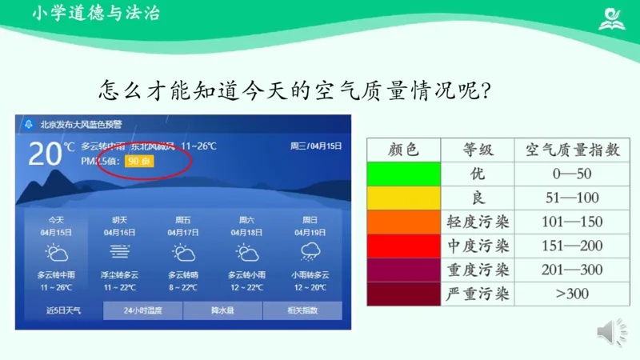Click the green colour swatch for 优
pos(404,174)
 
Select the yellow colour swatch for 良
pos(404,198)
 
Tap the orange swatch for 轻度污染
pos(404,222)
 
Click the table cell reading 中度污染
pos(478,246)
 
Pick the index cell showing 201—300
pos(571,270)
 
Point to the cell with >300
pos(571,294)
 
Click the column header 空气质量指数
pos(571,150)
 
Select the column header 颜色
pos(404,150)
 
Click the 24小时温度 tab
pos(143,310)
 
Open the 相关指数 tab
pos(302,310)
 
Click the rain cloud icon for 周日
pos(309,254)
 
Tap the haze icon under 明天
pos(120,254)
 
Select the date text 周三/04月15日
pos(315,146)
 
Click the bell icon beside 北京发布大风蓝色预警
pos(29,125)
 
